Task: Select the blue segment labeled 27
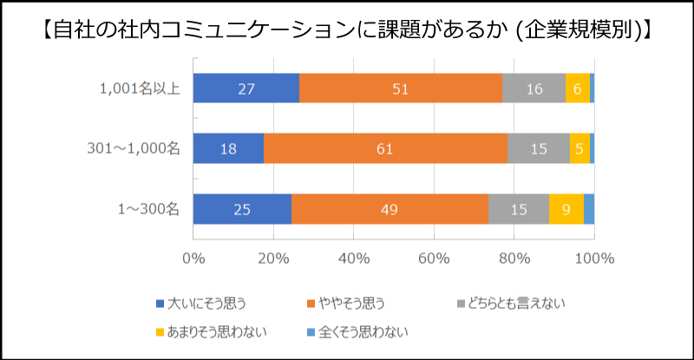[x=246, y=88]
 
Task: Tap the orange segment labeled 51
[x=401, y=88]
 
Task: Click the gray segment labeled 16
[x=534, y=88]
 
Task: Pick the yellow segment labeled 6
[x=577, y=88]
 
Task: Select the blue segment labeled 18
[x=228, y=148]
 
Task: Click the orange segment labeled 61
[x=385, y=148]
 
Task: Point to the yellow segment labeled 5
[x=579, y=148]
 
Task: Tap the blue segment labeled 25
[x=242, y=209]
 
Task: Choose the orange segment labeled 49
[x=390, y=209]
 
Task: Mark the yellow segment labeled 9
[x=566, y=209]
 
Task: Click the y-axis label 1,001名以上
[x=140, y=88]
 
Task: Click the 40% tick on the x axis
[x=354, y=258]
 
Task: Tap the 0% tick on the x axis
[x=193, y=258]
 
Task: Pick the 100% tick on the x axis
[x=594, y=258]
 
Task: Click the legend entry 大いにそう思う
[x=201, y=303]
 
